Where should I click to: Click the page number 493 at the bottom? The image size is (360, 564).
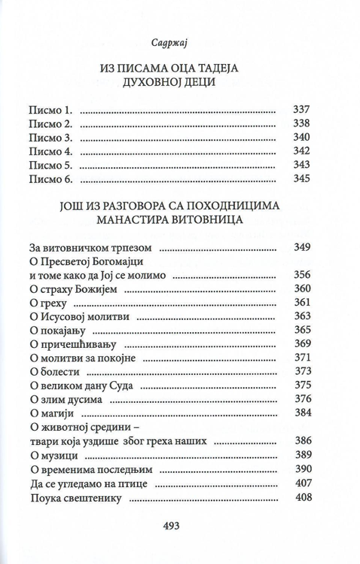click(180, 526)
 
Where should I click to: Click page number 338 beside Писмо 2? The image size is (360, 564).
click(301, 124)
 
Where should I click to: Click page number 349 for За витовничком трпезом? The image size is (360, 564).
click(301, 247)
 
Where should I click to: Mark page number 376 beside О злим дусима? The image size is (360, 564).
click(301, 399)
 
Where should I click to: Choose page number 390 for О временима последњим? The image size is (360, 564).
click(301, 468)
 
